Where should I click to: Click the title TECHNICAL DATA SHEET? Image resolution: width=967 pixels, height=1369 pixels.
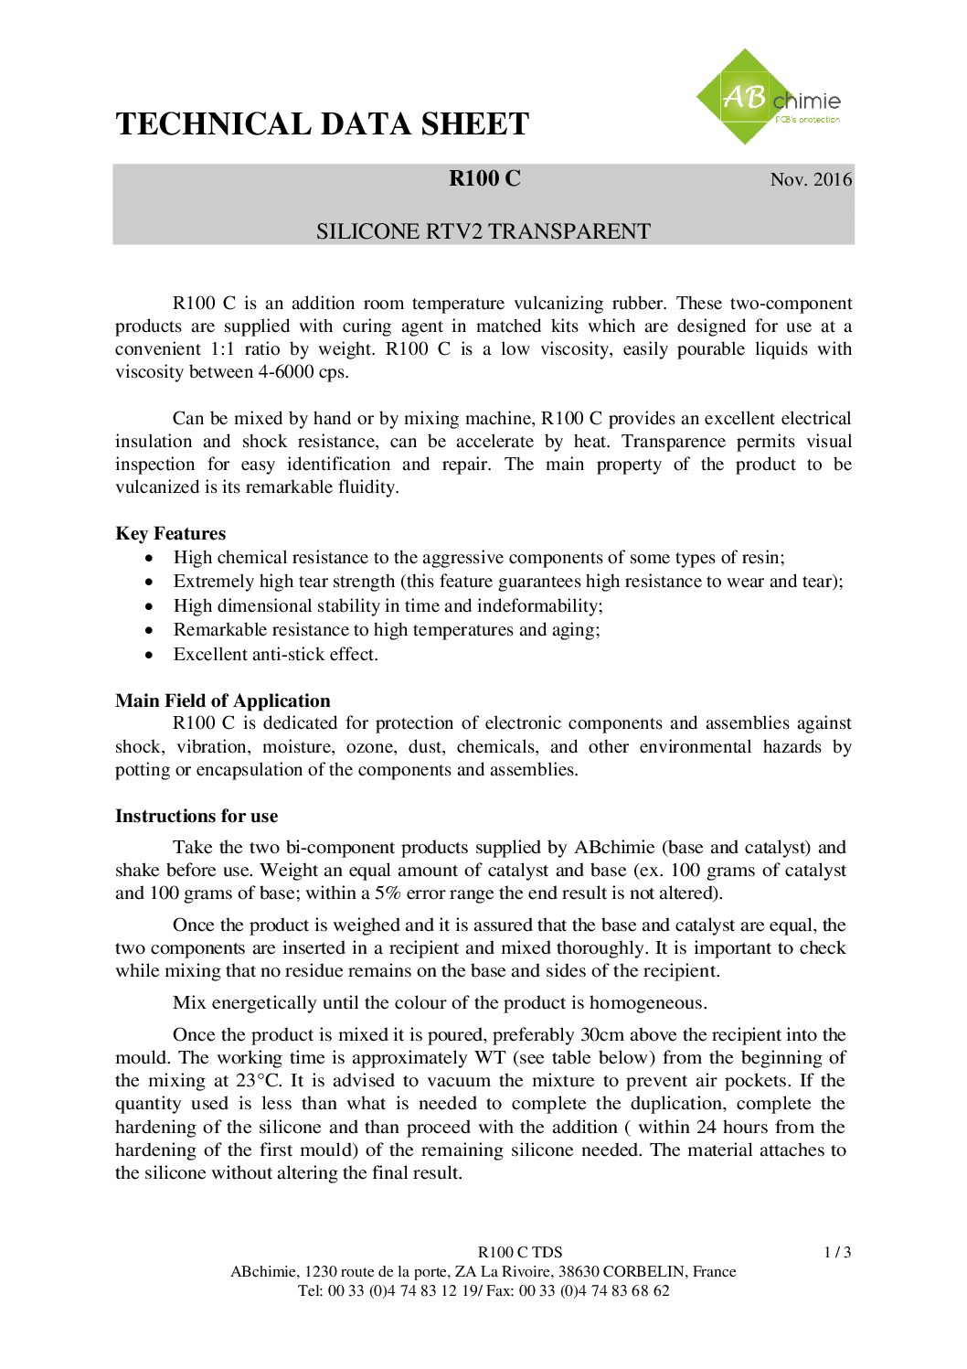pyautogui.click(x=322, y=124)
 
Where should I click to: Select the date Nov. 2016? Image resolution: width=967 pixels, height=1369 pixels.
pyautogui.click(x=811, y=179)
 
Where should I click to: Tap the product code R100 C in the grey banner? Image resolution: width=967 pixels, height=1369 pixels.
pyautogui.click(x=484, y=178)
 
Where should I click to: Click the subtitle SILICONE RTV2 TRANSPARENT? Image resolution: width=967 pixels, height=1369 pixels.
pyautogui.click(x=483, y=231)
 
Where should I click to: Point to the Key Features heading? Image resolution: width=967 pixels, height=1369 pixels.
pyautogui.click(x=170, y=534)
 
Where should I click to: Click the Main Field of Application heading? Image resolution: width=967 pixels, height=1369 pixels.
pyautogui.click(x=222, y=701)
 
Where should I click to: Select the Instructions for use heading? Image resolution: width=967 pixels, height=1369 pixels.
pyautogui.click(x=197, y=817)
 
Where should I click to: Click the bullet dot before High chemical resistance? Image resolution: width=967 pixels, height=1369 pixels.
pyautogui.click(x=150, y=559)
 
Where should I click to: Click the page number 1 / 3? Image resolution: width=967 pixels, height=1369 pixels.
pyautogui.click(x=837, y=1253)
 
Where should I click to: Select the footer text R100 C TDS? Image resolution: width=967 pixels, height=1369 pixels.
pyautogui.click(x=520, y=1253)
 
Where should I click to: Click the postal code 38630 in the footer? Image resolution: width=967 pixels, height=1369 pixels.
pyautogui.click(x=579, y=1272)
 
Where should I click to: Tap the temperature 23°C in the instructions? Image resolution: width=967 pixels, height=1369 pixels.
pyautogui.click(x=260, y=1081)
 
